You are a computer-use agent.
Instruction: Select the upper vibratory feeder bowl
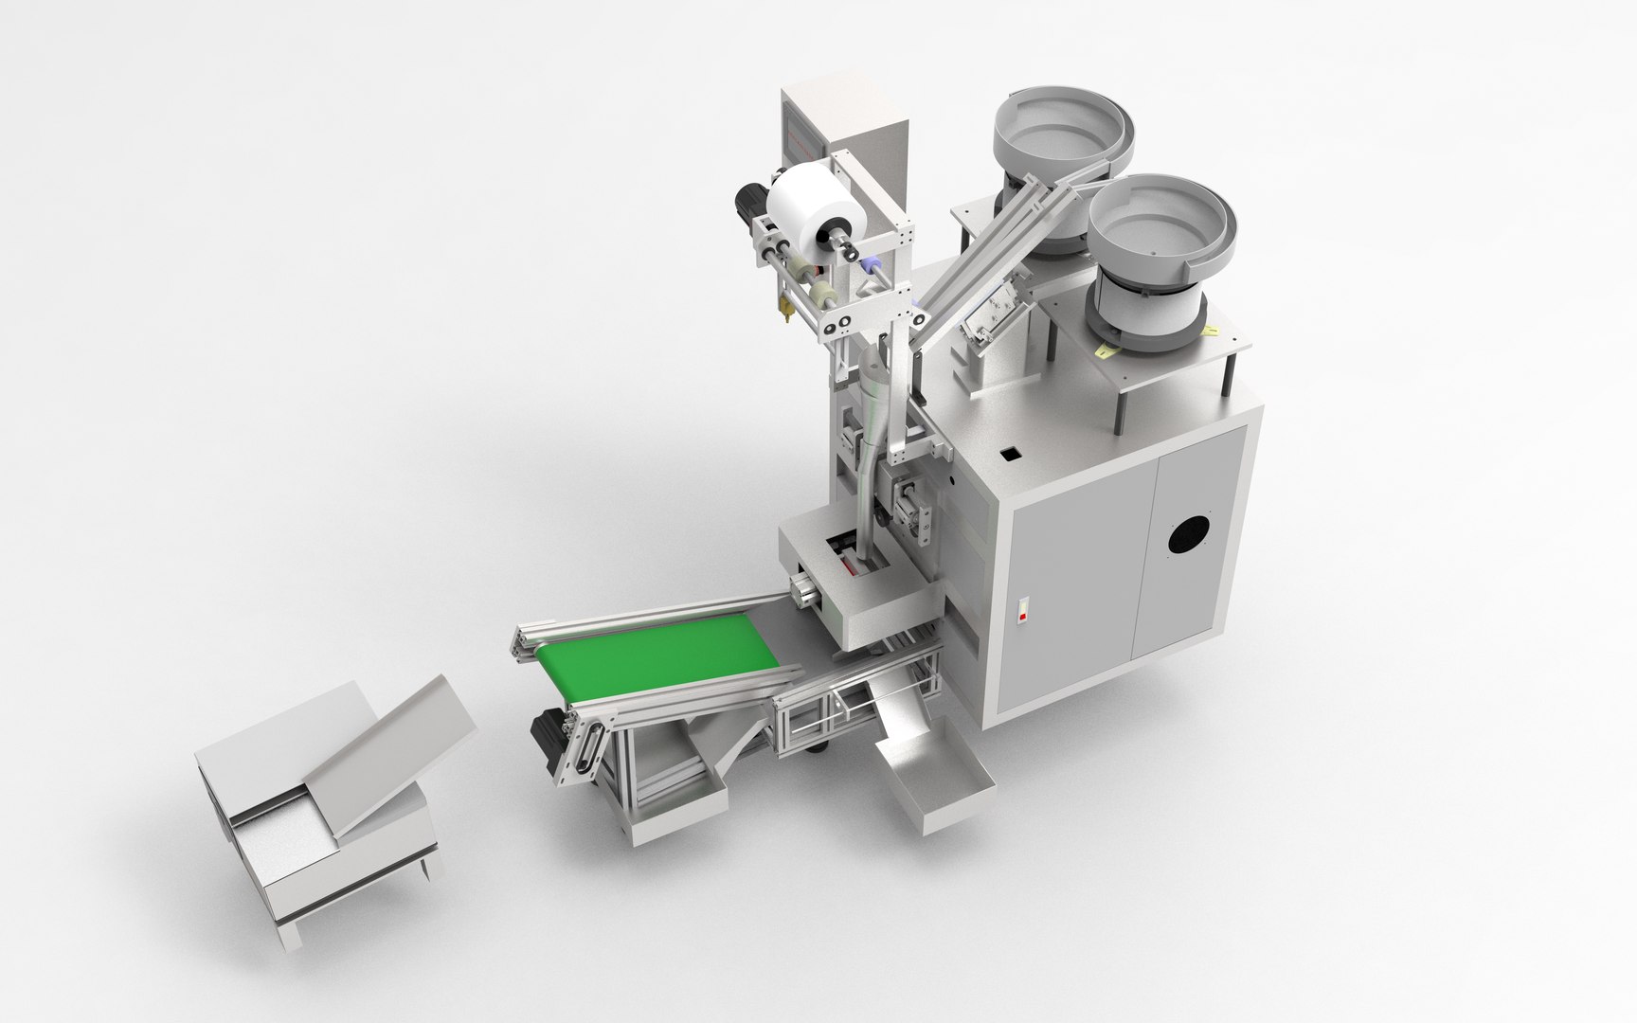(x=1061, y=133)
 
